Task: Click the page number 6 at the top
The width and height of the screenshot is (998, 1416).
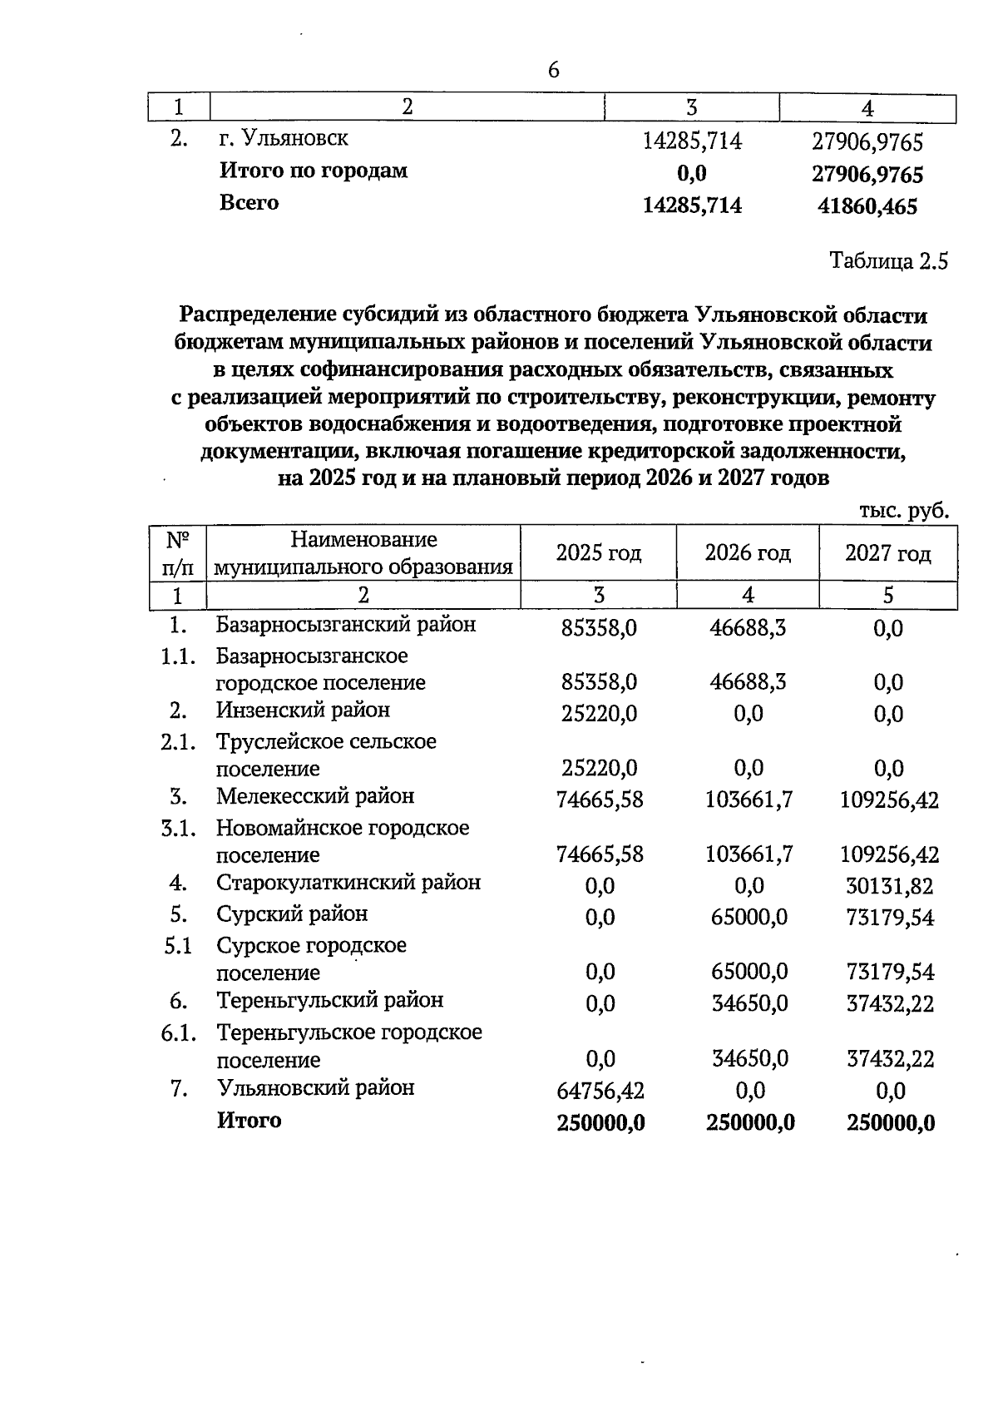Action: coord(554,71)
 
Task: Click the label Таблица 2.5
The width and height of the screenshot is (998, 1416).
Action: coord(889,262)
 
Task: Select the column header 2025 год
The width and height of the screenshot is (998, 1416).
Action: coord(599,552)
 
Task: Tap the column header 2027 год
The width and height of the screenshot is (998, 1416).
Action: coord(888,552)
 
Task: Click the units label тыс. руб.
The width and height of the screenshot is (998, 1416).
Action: coord(903,511)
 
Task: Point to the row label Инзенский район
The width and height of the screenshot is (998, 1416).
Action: coord(303,710)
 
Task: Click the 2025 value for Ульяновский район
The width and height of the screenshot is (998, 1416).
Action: coord(600,1090)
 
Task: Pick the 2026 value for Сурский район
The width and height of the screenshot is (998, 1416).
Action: coord(749,918)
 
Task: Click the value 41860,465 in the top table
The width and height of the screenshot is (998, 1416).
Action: coord(868,206)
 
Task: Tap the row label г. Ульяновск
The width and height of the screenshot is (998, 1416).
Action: coord(284,138)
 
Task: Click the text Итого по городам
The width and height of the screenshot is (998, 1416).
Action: coord(314,171)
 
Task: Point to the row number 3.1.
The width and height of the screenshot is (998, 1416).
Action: coord(178,829)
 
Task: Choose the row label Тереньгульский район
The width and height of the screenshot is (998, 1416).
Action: coord(330,1000)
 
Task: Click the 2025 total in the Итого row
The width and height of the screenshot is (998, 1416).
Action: coord(600,1123)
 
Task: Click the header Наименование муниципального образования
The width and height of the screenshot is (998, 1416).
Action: coord(363,553)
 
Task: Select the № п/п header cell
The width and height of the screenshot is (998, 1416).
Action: coord(177,553)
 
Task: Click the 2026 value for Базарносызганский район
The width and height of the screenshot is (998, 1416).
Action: coord(748,627)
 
